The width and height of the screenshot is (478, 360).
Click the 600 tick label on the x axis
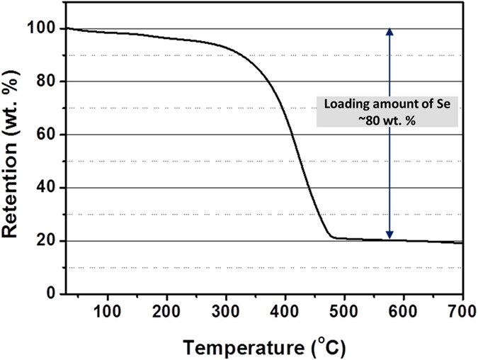(404, 310)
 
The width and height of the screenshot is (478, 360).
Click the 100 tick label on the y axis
(44, 28)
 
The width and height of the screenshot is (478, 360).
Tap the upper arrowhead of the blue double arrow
(389, 31)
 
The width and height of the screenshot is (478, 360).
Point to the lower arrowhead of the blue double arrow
(389, 236)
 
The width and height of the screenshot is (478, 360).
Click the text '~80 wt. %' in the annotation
(389, 120)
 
